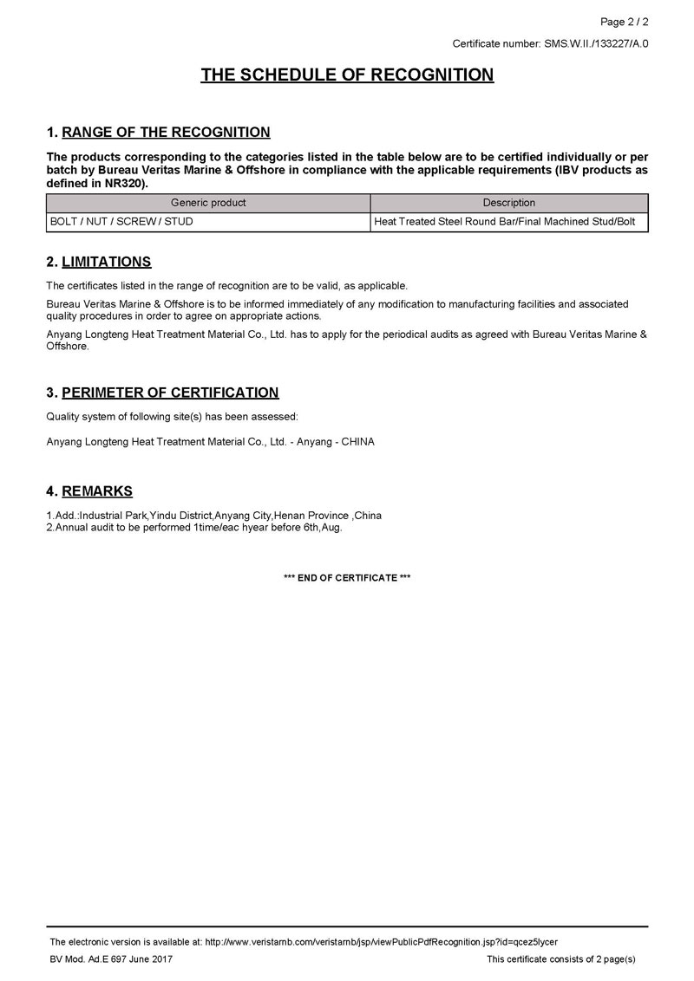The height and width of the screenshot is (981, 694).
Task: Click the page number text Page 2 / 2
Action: click(x=625, y=22)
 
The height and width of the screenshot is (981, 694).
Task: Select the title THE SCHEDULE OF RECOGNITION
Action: click(x=347, y=75)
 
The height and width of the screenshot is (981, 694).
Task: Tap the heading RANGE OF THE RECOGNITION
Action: click(x=166, y=133)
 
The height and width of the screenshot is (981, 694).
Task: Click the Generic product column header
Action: click(x=208, y=203)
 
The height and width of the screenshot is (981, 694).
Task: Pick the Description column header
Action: click(x=509, y=203)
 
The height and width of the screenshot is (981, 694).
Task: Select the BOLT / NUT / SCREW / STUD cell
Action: click(x=121, y=222)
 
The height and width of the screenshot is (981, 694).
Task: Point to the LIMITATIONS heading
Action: click(x=107, y=262)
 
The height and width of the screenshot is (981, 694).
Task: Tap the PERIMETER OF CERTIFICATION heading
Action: click(x=170, y=393)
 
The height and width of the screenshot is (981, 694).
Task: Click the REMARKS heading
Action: click(x=97, y=491)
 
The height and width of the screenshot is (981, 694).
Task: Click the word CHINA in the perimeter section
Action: click(x=357, y=442)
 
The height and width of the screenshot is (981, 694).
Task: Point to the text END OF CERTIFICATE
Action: click(x=347, y=577)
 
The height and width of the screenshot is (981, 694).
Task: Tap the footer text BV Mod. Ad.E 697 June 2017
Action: click(x=112, y=959)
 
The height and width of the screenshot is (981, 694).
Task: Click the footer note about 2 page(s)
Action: click(x=561, y=959)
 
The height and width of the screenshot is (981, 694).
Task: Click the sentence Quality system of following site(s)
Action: click(x=172, y=417)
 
